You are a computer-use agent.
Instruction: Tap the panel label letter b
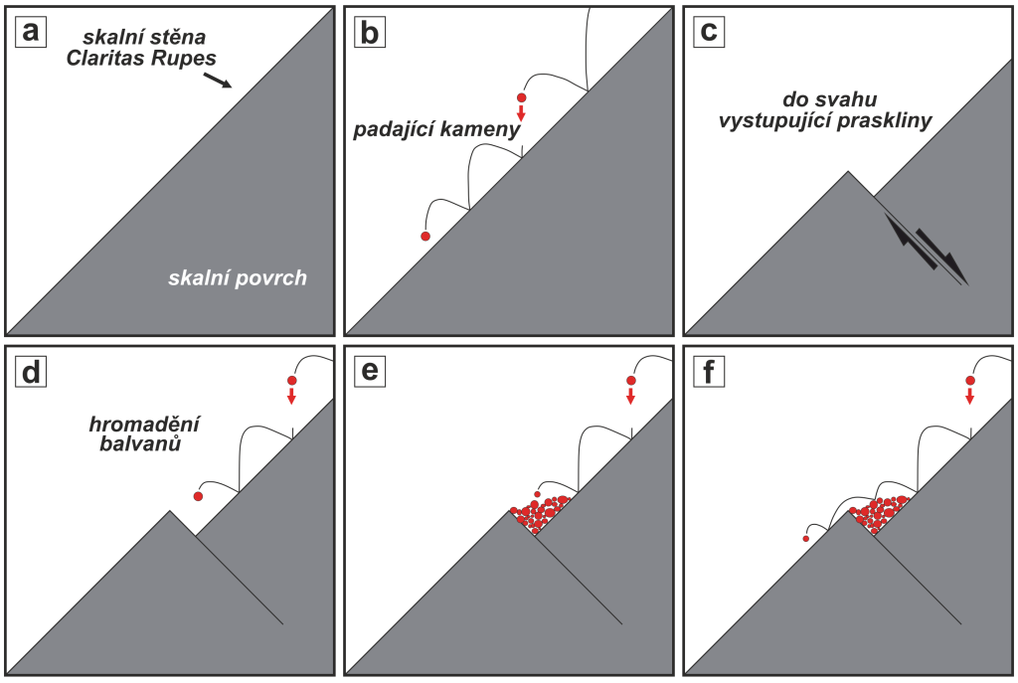tap(370, 34)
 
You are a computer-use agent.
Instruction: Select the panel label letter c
tap(709, 34)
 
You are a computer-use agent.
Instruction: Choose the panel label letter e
tap(370, 372)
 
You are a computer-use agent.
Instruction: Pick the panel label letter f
tap(709, 372)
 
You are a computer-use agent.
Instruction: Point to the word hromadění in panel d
tap(133, 425)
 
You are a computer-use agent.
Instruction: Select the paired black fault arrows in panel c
tap(927, 253)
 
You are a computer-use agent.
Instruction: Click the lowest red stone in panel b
tap(425, 236)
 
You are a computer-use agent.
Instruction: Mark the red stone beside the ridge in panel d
tap(199, 495)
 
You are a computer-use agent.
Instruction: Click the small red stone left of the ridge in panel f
tap(806, 538)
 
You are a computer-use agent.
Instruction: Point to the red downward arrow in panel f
tap(969, 396)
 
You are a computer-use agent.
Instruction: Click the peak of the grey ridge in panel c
tap(847, 173)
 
